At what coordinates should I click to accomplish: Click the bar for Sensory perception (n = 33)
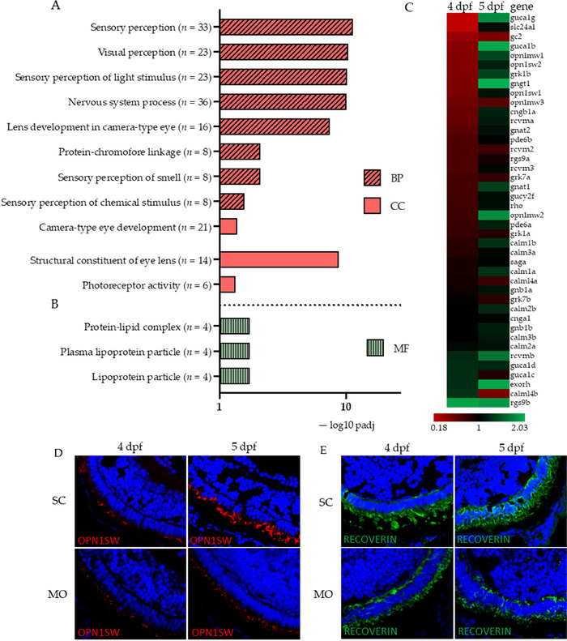(x=286, y=27)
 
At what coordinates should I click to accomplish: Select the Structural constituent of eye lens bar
(x=279, y=260)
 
